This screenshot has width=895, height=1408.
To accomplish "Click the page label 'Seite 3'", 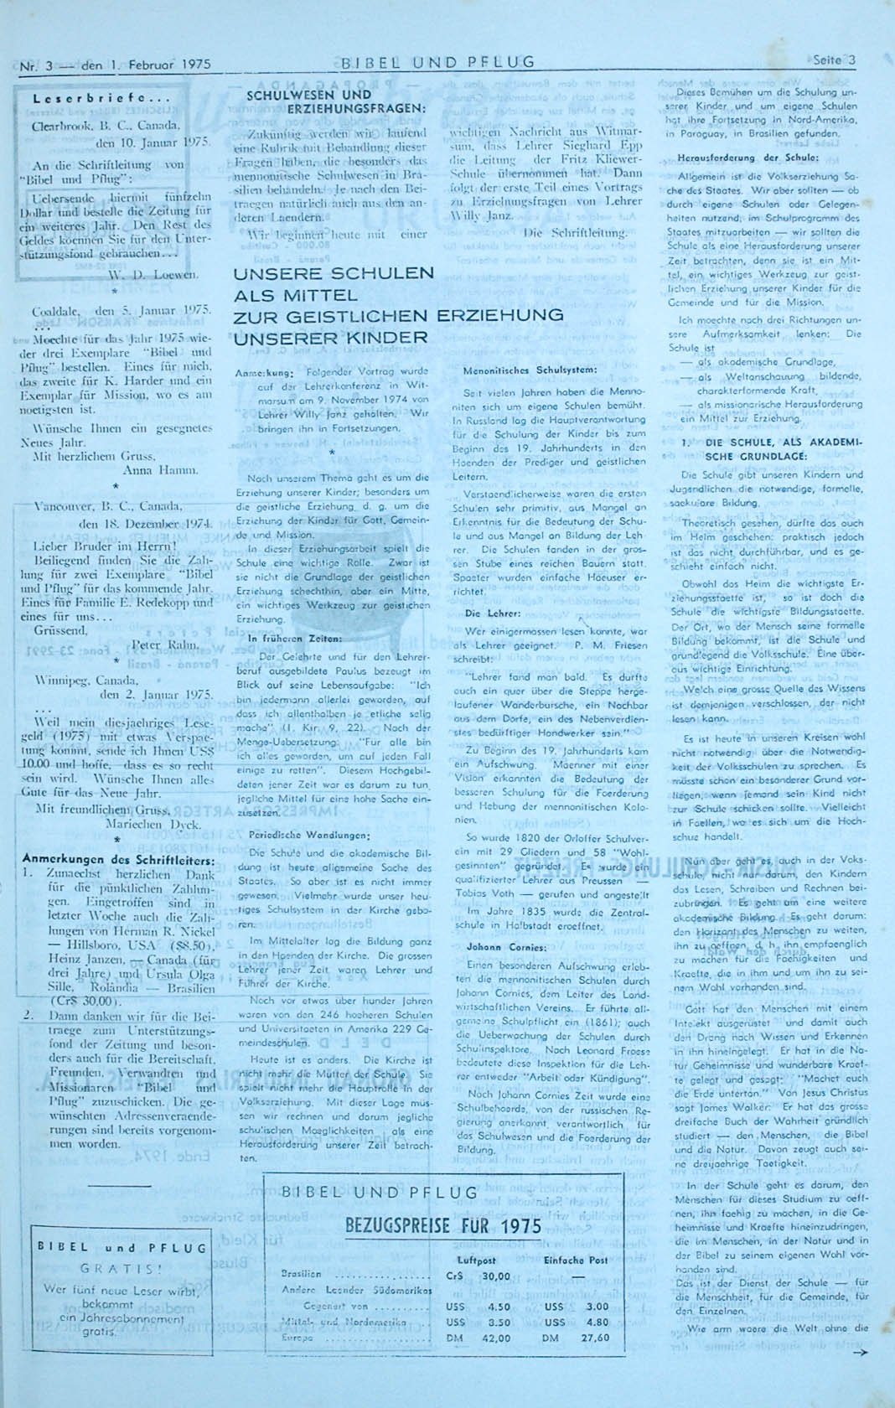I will tap(835, 60).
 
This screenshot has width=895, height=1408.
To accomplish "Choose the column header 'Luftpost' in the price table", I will tap(476, 1260).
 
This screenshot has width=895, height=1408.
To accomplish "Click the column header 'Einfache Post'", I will tap(576, 1260).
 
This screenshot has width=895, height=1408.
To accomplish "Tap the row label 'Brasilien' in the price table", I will tap(302, 1274).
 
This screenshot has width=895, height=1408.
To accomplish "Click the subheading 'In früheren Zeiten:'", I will tap(283, 638).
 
